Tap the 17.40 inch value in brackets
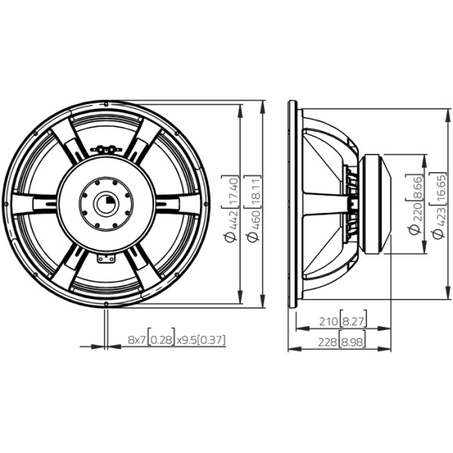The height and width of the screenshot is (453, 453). [x=233, y=191]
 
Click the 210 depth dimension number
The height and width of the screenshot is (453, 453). [x=328, y=322]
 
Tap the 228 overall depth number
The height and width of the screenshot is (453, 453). [x=328, y=342]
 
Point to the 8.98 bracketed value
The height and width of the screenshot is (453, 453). [x=352, y=342]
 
